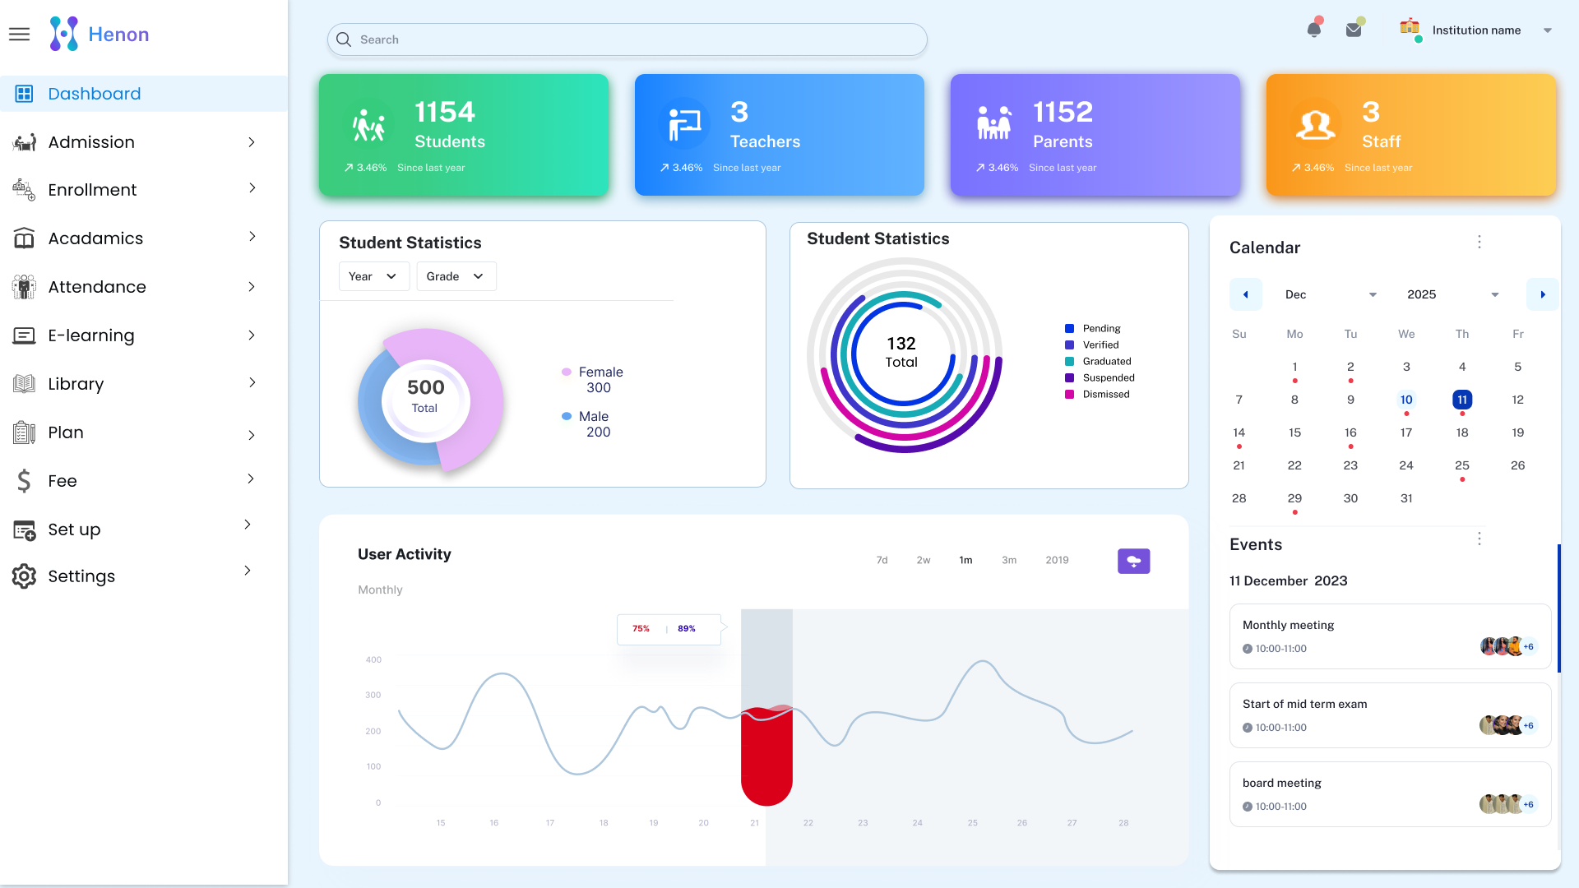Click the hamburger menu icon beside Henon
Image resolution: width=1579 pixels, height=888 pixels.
[19, 35]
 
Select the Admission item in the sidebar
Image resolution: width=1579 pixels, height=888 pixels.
[91, 142]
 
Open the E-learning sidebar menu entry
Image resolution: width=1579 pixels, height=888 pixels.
[91, 335]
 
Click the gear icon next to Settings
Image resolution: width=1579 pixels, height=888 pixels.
[24, 576]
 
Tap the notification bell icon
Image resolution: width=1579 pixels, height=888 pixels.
[1314, 30]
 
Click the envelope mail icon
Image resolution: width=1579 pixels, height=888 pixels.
[1354, 30]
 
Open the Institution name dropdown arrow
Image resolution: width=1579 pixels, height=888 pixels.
[1548, 30]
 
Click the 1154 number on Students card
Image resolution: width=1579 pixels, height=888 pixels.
[444, 112]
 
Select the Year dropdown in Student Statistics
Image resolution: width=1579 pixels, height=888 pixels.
[373, 276]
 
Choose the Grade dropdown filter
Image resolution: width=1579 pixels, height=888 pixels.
[456, 276]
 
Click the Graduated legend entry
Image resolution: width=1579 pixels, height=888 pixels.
[1106, 361]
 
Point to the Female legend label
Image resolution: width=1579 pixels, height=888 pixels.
[600, 372]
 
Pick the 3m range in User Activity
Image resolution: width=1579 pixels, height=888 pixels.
[1009, 560]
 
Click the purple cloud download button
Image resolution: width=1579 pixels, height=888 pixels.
[1133, 561]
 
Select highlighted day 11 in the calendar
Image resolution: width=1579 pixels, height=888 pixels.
[1462, 400]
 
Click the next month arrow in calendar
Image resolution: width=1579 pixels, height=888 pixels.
[1542, 294]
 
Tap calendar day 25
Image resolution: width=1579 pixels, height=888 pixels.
[1462, 465]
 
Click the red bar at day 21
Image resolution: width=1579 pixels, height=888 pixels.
[766, 756]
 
